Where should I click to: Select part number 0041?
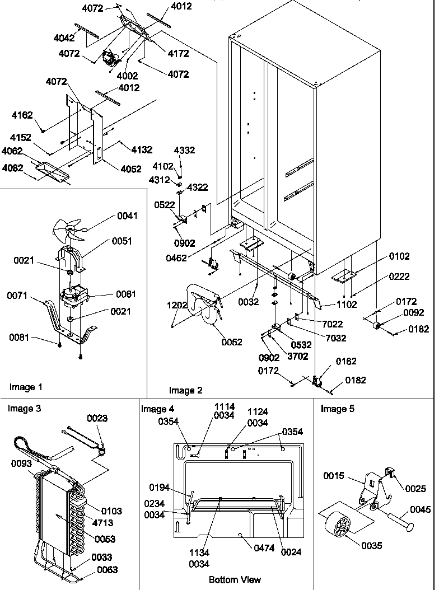[127, 216]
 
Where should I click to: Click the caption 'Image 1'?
[26, 387]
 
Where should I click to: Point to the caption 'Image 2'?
[186, 390]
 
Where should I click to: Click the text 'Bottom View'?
[235, 579]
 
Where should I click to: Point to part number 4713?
[103, 523]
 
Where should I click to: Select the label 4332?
[184, 151]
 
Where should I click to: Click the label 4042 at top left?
[64, 38]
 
